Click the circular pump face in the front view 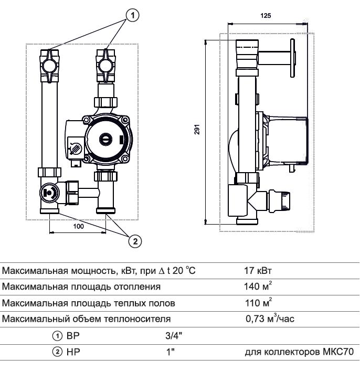pyautogui.click(x=105, y=140)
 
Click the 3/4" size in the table pyautogui.click(x=166, y=334)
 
